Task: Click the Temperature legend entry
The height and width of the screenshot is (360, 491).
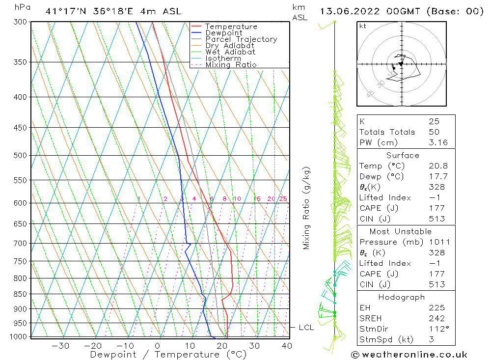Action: (231, 27)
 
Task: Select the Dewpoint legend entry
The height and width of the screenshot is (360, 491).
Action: (223, 33)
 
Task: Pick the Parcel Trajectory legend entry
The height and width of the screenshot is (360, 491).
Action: (241, 39)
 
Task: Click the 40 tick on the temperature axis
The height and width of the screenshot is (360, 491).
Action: (287, 345)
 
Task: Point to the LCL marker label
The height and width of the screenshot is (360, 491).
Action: (306, 328)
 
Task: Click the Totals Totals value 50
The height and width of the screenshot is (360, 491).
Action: (434, 132)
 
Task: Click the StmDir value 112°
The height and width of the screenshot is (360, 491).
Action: (436, 329)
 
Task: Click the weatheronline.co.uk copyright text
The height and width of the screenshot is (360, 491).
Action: (409, 355)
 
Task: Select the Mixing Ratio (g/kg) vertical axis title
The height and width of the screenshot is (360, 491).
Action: (306, 208)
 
